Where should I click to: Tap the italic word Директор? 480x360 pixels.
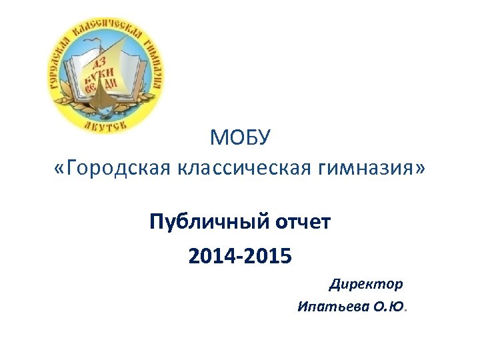366,285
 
